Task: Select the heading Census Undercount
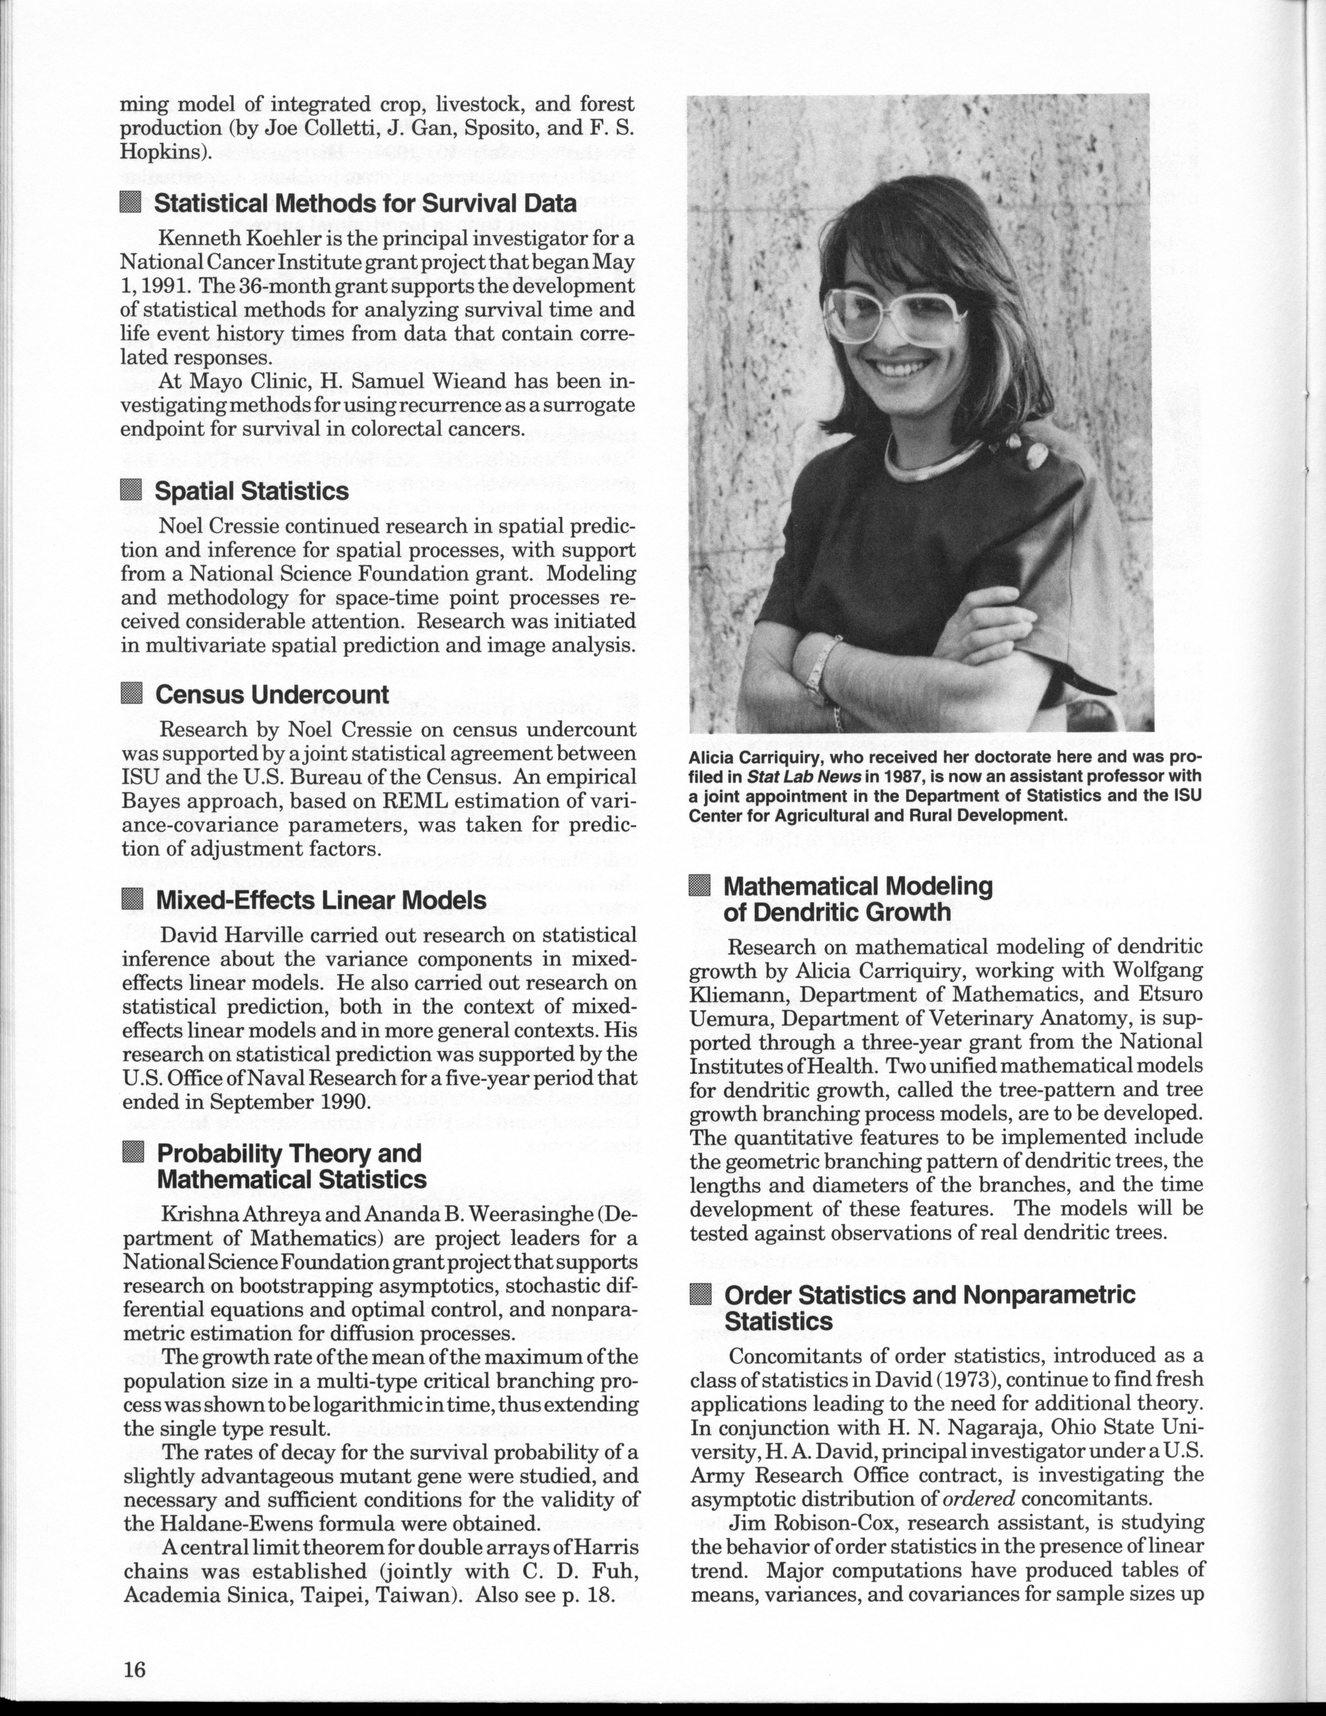point(272,694)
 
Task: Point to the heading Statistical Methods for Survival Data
point(365,204)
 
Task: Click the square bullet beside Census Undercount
point(132,694)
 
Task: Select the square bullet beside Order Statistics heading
point(699,1294)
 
